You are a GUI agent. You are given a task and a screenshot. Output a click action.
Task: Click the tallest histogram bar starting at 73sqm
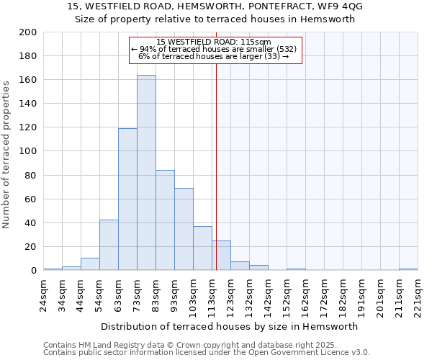[x=146, y=173]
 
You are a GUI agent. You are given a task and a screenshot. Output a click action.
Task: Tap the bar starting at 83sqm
[x=165, y=220]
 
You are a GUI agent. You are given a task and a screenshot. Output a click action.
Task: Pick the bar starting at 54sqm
[x=109, y=245]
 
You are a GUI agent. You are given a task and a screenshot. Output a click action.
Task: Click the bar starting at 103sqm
[x=202, y=248]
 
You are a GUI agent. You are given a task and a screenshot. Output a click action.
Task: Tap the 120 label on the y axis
[x=29, y=127]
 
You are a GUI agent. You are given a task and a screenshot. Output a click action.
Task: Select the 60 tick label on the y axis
[x=31, y=199]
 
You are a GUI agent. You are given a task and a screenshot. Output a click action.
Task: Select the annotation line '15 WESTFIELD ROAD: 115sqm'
[x=214, y=42]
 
